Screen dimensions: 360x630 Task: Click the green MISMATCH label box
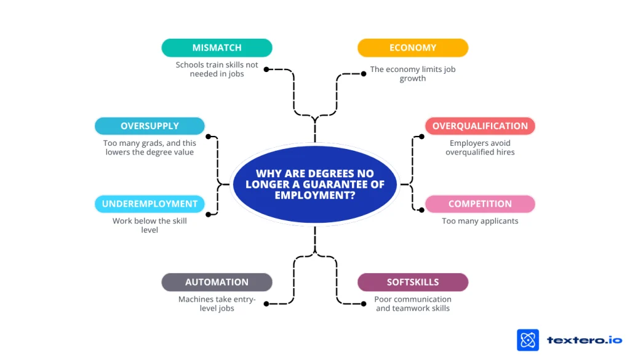click(217, 47)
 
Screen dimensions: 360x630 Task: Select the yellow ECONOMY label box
click(413, 47)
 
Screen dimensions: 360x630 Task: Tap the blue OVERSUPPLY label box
click(150, 126)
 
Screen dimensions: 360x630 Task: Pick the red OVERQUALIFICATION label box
click(480, 126)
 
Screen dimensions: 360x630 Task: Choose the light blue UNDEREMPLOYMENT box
click(150, 204)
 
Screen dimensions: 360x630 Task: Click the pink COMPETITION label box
click(480, 204)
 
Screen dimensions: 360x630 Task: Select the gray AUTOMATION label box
click(217, 282)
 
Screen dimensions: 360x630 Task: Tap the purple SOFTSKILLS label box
click(413, 282)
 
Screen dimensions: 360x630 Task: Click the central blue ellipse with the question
click(315, 184)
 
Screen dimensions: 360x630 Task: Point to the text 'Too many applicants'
click(480, 221)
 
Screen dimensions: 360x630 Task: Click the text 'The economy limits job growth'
click(413, 74)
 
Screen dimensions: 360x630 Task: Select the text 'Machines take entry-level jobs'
click(217, 303)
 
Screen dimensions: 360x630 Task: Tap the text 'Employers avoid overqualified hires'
click(480, 148)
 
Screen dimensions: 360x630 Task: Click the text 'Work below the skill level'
click(150, 225)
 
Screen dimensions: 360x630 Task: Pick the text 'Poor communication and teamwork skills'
click(413, 303)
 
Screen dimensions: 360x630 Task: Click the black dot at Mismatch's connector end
click(266, 70)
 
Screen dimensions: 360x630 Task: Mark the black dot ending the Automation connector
click(266, 303)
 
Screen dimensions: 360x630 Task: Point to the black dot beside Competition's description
click(421, 209)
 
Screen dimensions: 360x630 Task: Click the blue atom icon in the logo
click(528, 340)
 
